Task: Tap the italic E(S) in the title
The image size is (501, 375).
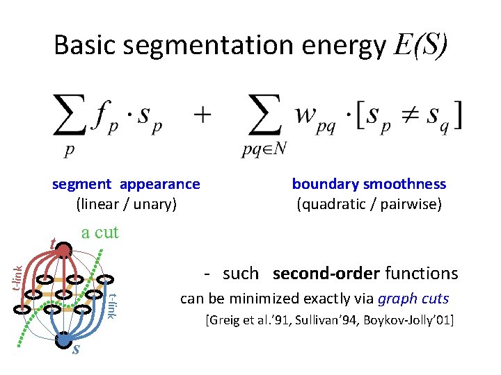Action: (420, 46)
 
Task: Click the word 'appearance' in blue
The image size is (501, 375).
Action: (159, 184)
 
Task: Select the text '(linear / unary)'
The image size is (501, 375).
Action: (127, 204)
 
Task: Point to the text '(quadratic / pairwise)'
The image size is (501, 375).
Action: (369, 204)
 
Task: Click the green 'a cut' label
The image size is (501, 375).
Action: (100, 233)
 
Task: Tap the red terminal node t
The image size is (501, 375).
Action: (64, 250)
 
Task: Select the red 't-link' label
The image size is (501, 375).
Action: (21, 274)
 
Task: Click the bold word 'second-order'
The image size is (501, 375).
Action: (326, 274)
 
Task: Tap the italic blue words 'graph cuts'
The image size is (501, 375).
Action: (413, 299)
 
